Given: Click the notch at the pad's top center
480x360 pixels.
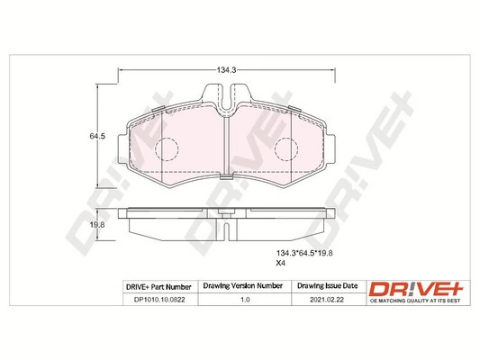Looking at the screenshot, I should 226,97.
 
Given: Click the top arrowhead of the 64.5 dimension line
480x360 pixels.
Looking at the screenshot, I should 97,86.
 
